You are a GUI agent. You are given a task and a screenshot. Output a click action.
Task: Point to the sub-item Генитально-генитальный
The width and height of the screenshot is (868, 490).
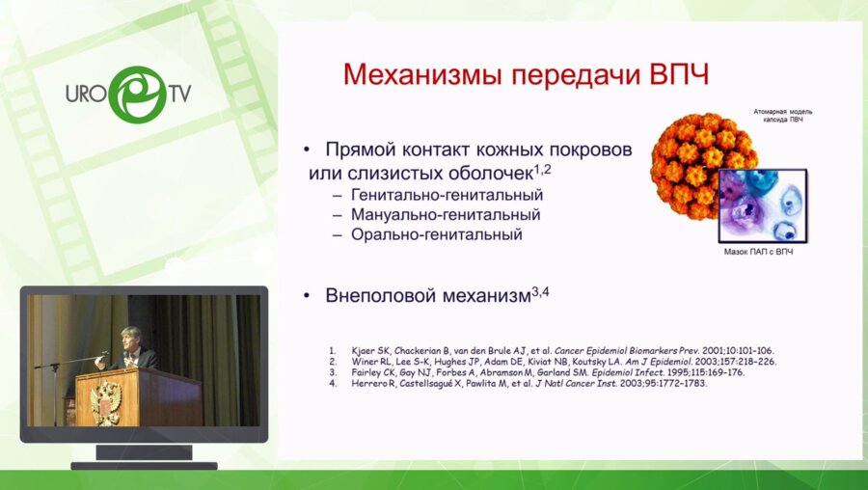(436, 193)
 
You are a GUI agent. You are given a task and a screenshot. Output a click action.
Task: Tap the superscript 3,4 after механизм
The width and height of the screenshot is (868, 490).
(540, 290)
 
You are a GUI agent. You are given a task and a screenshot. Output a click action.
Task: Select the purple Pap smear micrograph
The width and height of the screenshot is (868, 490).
(762, 205)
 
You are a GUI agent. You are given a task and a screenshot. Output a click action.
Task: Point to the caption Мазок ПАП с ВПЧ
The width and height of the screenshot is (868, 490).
(762, 251)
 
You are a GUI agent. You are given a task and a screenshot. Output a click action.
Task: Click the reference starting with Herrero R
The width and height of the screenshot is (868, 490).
(529, 384)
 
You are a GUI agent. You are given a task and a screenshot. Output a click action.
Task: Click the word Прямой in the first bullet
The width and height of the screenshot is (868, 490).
(360, 151)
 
